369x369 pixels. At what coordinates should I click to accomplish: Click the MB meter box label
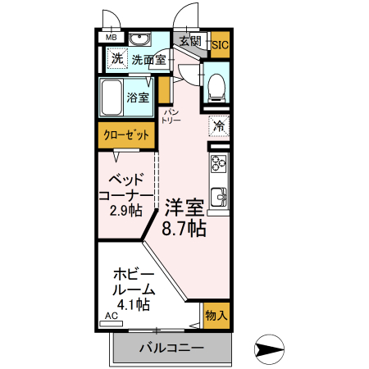point(111,38)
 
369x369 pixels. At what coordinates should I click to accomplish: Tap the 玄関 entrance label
point(189,39)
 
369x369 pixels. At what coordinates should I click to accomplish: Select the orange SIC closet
point(220,44)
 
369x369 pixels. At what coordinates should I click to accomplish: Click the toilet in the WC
point(216,87)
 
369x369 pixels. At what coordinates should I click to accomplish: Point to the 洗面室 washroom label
point(149,59)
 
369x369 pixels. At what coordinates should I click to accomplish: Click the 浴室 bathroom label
point(139,98)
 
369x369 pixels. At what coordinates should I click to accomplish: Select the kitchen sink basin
point(219,197)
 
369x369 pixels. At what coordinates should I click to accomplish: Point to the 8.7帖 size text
point(184,229)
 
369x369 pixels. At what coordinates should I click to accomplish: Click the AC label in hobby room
point(112,315)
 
